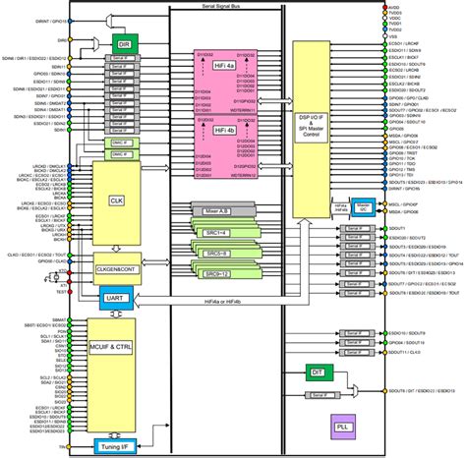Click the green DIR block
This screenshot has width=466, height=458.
(124, 45)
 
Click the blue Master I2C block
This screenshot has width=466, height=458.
(362, 207)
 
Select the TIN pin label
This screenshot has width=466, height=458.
(62, 446)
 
